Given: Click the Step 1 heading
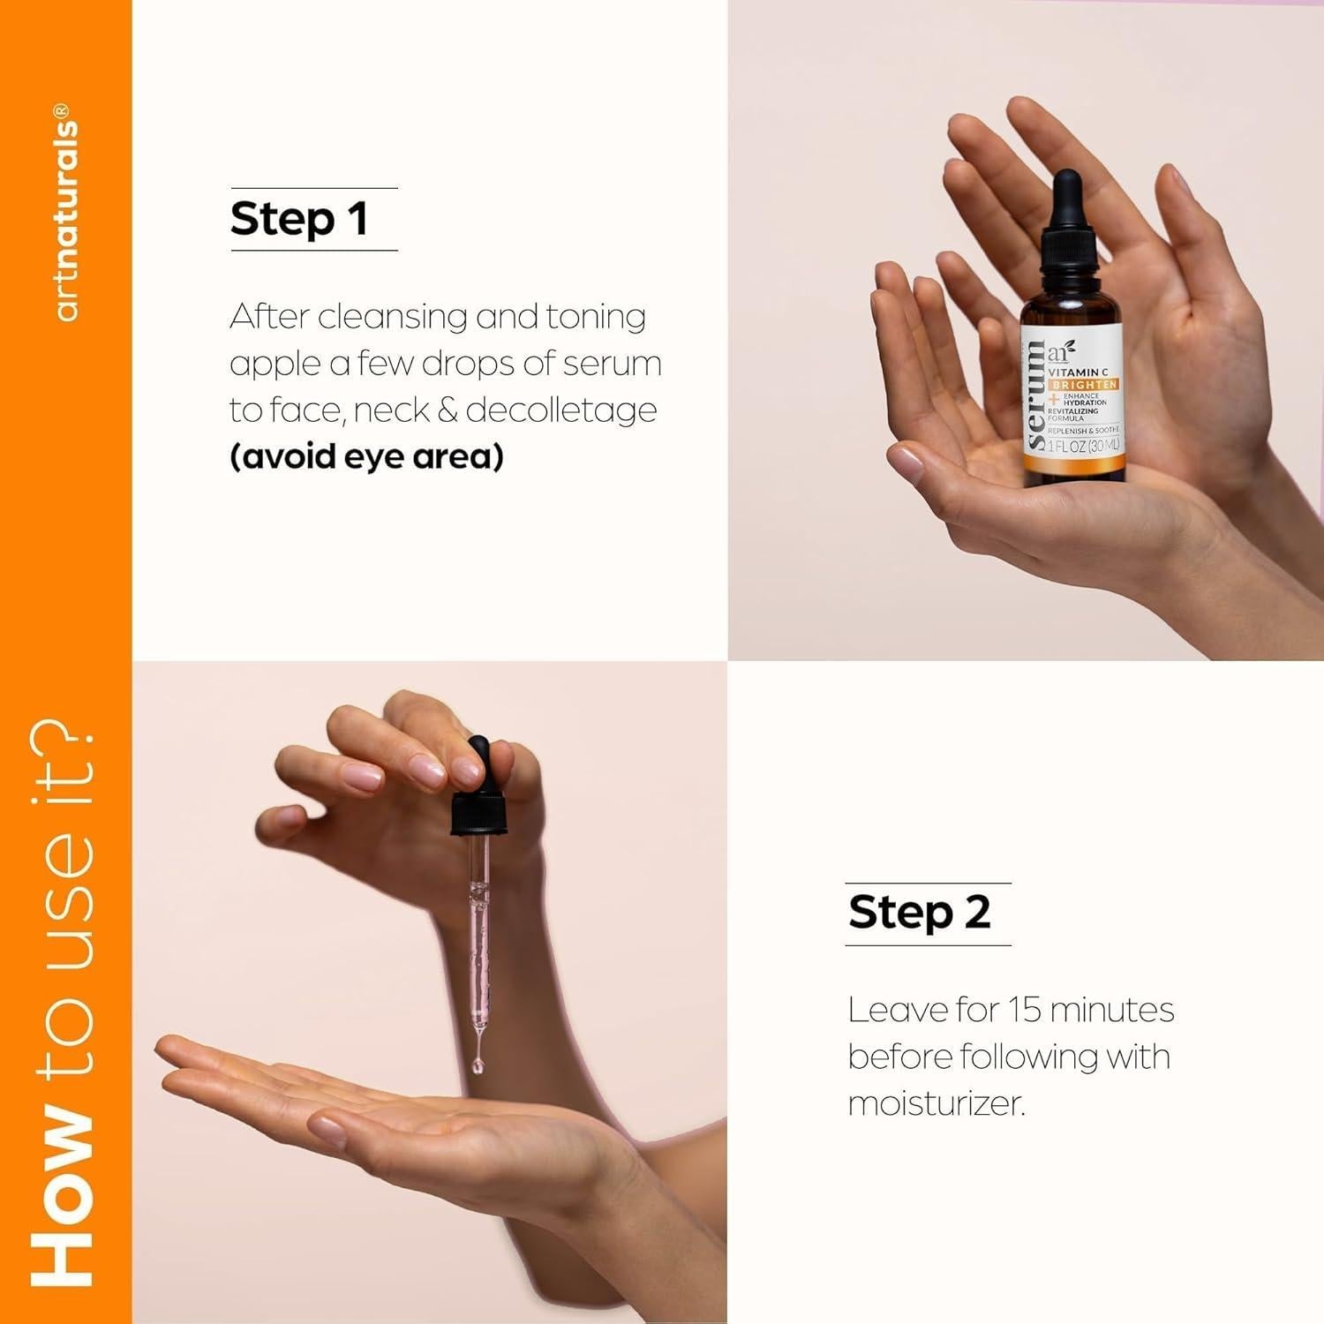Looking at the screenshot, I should [298, 219].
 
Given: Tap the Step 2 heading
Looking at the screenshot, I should [919, 913].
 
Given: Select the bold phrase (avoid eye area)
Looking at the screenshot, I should [366, 457].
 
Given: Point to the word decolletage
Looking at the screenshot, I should [561, 410].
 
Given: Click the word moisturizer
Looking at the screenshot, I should [936, 1103].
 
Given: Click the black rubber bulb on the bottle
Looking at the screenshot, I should [1068, 199].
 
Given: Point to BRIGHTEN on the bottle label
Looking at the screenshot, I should [1084, 385].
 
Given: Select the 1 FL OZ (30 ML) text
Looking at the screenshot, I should [1083, 447].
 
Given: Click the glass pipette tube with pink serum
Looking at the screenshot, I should [478, 936].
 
